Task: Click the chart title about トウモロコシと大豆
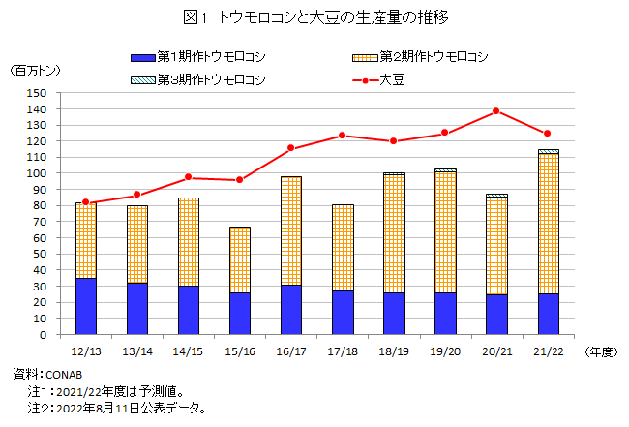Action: (x=314, y=17)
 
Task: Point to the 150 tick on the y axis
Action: (x=38, y=93)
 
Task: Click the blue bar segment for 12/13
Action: (x=85, y=306)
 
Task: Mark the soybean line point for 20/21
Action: (x=495, y=111)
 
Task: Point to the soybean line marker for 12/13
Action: (x=85, y=202)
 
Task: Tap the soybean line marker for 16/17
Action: (x=290, y=148)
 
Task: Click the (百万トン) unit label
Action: (x=33, y=72)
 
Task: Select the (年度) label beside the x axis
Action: (x=599, y=352)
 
